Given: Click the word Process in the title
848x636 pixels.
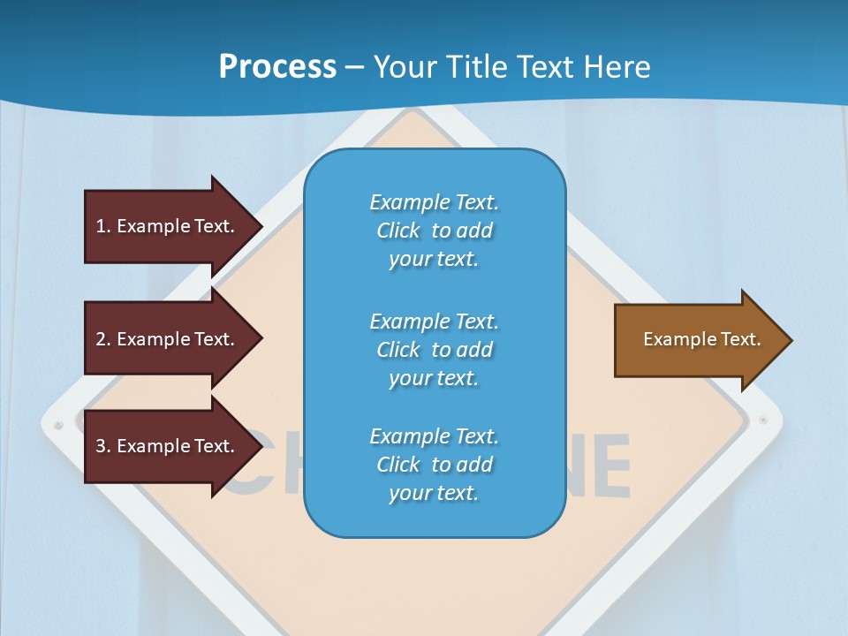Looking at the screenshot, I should tap(277, 67).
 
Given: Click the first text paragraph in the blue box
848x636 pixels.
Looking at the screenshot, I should tap(434, 231).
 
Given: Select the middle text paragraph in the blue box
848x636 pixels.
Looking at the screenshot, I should tap(434, 350).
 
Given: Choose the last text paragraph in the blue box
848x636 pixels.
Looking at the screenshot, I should tap(434, 465).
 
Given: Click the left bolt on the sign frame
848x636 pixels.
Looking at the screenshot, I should tap(59, 425).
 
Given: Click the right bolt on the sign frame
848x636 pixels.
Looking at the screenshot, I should tap(763, 420).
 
